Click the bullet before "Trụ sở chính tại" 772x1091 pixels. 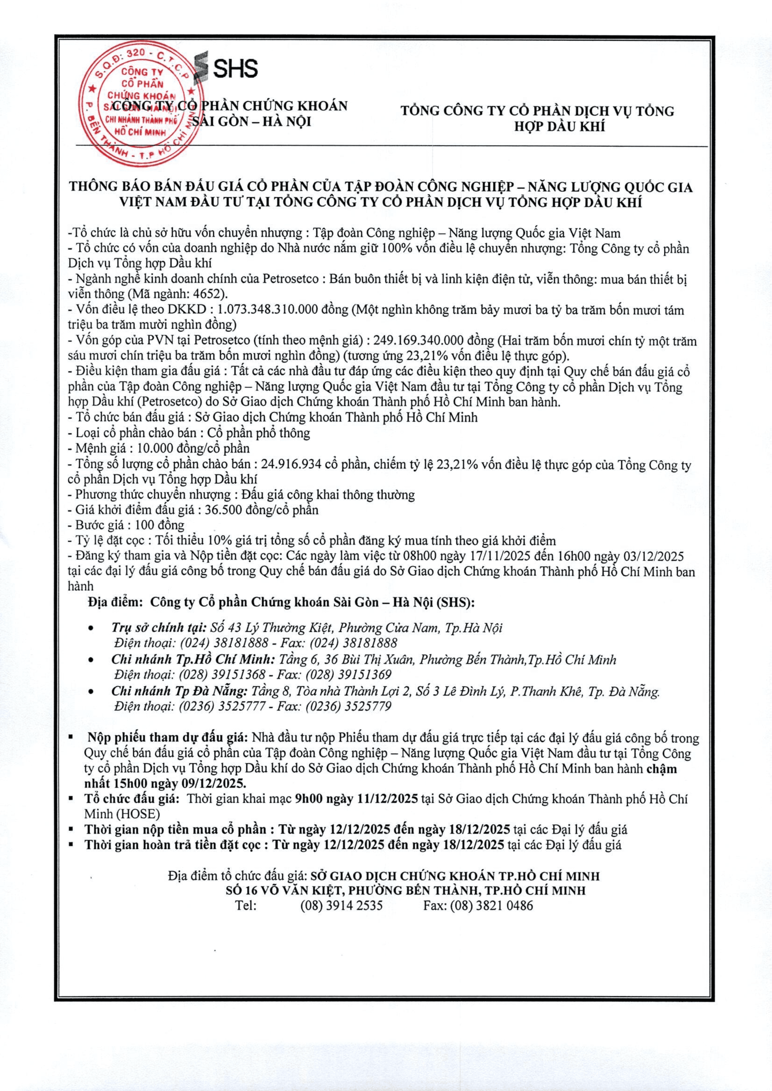91,629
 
